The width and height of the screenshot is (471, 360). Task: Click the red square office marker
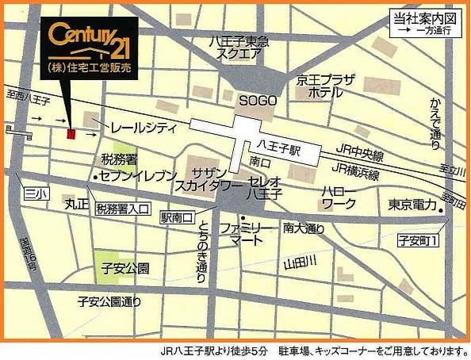pos(71,135)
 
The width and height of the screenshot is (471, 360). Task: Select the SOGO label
pos(258,101)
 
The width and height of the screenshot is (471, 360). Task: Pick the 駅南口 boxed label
pos(177,216)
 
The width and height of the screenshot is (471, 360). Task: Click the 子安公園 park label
pos(127,269)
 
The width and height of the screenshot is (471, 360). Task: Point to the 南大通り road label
pos(304,228)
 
